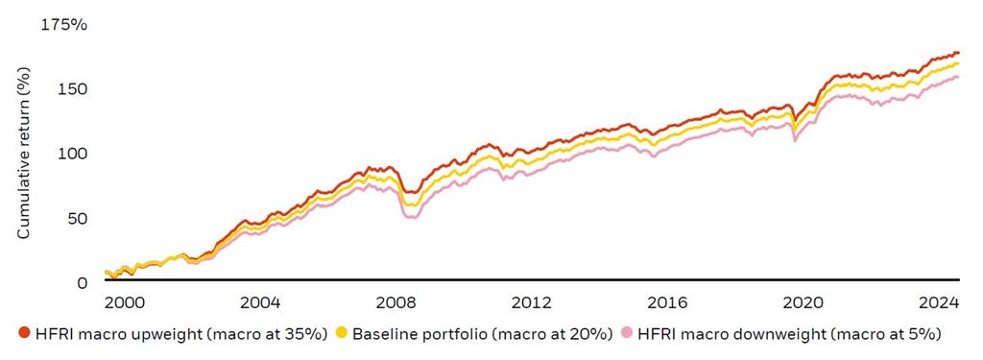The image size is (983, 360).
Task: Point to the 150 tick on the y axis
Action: tap(74, 89)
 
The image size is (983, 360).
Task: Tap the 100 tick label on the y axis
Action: tap(74, 154)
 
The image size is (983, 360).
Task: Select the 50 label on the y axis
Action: tap(78, 218)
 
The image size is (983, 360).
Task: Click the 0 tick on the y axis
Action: tap(82, 282)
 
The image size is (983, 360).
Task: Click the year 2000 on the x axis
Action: tap(124, 301)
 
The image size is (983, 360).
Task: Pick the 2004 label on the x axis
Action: tap(260, 301)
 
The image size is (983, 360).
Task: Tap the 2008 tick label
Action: tap(396, 301)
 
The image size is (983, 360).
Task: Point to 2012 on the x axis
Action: tap(533, 301)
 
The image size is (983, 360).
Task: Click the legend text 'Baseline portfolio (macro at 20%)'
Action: tap(482, 333)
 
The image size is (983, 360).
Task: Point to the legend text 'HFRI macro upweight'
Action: tap(105, 333)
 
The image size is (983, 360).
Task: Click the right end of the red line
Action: tap(957, 53)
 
